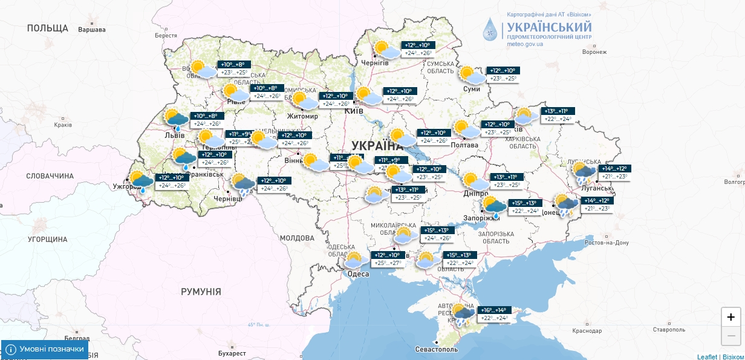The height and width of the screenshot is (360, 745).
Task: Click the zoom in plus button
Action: (x=731, y=317)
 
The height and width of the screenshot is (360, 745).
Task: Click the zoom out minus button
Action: (x=731, y=335)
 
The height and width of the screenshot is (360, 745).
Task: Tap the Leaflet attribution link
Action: (x=707, y=356)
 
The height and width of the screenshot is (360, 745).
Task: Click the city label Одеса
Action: (x=358, y=274)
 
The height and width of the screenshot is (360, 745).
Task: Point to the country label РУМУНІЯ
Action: (x=201, y=292)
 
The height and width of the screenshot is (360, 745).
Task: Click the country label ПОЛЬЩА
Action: (x=48, y=28)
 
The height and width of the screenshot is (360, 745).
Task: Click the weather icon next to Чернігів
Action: (x=386, y=50)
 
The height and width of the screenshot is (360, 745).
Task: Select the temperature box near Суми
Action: (x=503, y=74)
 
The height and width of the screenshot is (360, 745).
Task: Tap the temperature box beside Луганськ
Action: (x=613, y=172)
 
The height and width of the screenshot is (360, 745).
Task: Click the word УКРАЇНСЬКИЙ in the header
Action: (x=548, y=27)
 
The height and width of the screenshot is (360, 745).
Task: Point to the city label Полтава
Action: (x=465, y=145)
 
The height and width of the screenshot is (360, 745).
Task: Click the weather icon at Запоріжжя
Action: (x=495, y=206)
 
